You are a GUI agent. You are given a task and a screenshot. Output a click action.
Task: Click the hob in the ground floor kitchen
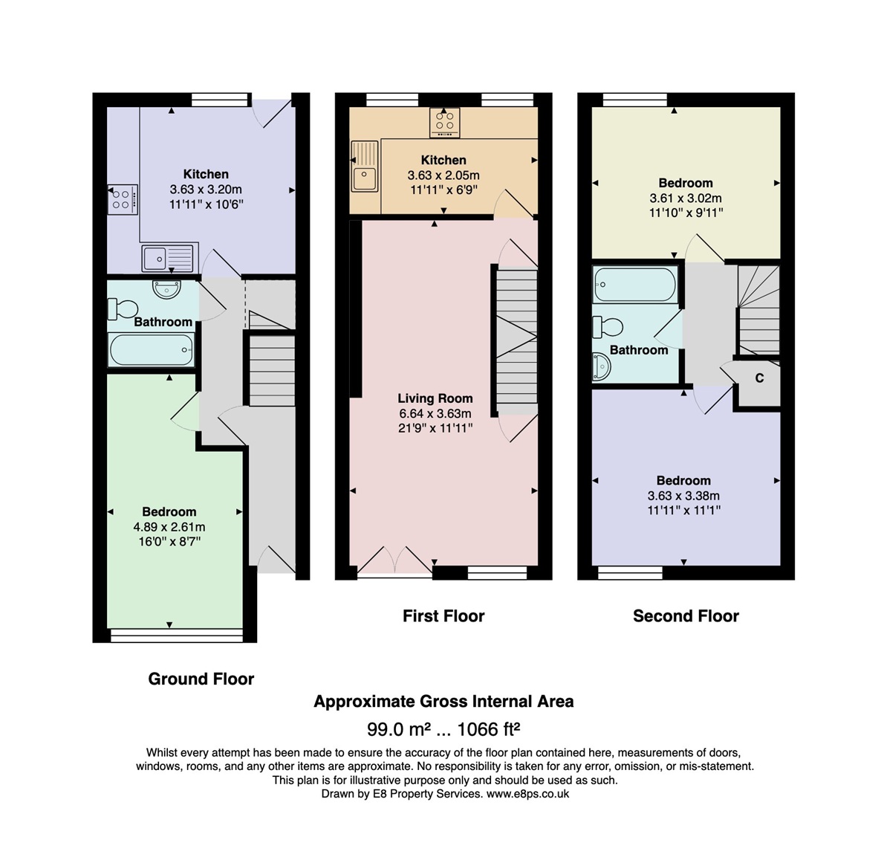click(123, 199)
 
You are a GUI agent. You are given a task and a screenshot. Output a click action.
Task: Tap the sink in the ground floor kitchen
click(168, 258)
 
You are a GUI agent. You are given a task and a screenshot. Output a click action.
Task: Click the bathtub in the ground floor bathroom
click(152, 350)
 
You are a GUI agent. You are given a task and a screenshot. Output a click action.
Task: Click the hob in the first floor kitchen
click(444, 123)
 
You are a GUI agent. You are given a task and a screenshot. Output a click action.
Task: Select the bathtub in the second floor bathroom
click(635, 285)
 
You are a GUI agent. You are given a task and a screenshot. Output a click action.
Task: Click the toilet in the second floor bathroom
click(608, 327)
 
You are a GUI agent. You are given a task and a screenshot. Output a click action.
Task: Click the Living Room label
click(435, 398)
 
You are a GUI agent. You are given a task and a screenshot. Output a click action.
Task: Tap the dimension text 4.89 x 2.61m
click(169, 527)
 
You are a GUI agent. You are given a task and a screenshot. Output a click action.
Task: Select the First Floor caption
click(443, 616)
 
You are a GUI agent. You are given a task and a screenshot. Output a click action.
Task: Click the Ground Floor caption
click(201, 679)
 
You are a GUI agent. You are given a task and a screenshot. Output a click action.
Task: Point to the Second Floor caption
click(686, 616)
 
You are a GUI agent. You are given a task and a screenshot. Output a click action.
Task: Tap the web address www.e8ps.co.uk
click(527, 794)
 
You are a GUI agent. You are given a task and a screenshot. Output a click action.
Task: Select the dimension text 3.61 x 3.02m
click(686, 198)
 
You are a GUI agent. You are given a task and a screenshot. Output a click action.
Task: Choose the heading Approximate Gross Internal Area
click(443, 702)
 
